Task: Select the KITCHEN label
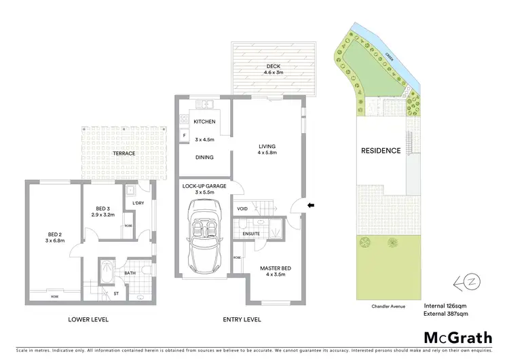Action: pos(204,122)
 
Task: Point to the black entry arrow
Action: pos(312,204)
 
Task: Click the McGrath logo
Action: pos(458,338)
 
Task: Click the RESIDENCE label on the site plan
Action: pos(380,151)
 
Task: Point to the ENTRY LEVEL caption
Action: pos(241,319)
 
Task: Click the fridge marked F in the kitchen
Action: pos(183,136)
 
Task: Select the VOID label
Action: pos(242,209)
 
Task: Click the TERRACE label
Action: pos(124,154)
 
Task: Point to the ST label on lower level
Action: pos(116,293)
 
